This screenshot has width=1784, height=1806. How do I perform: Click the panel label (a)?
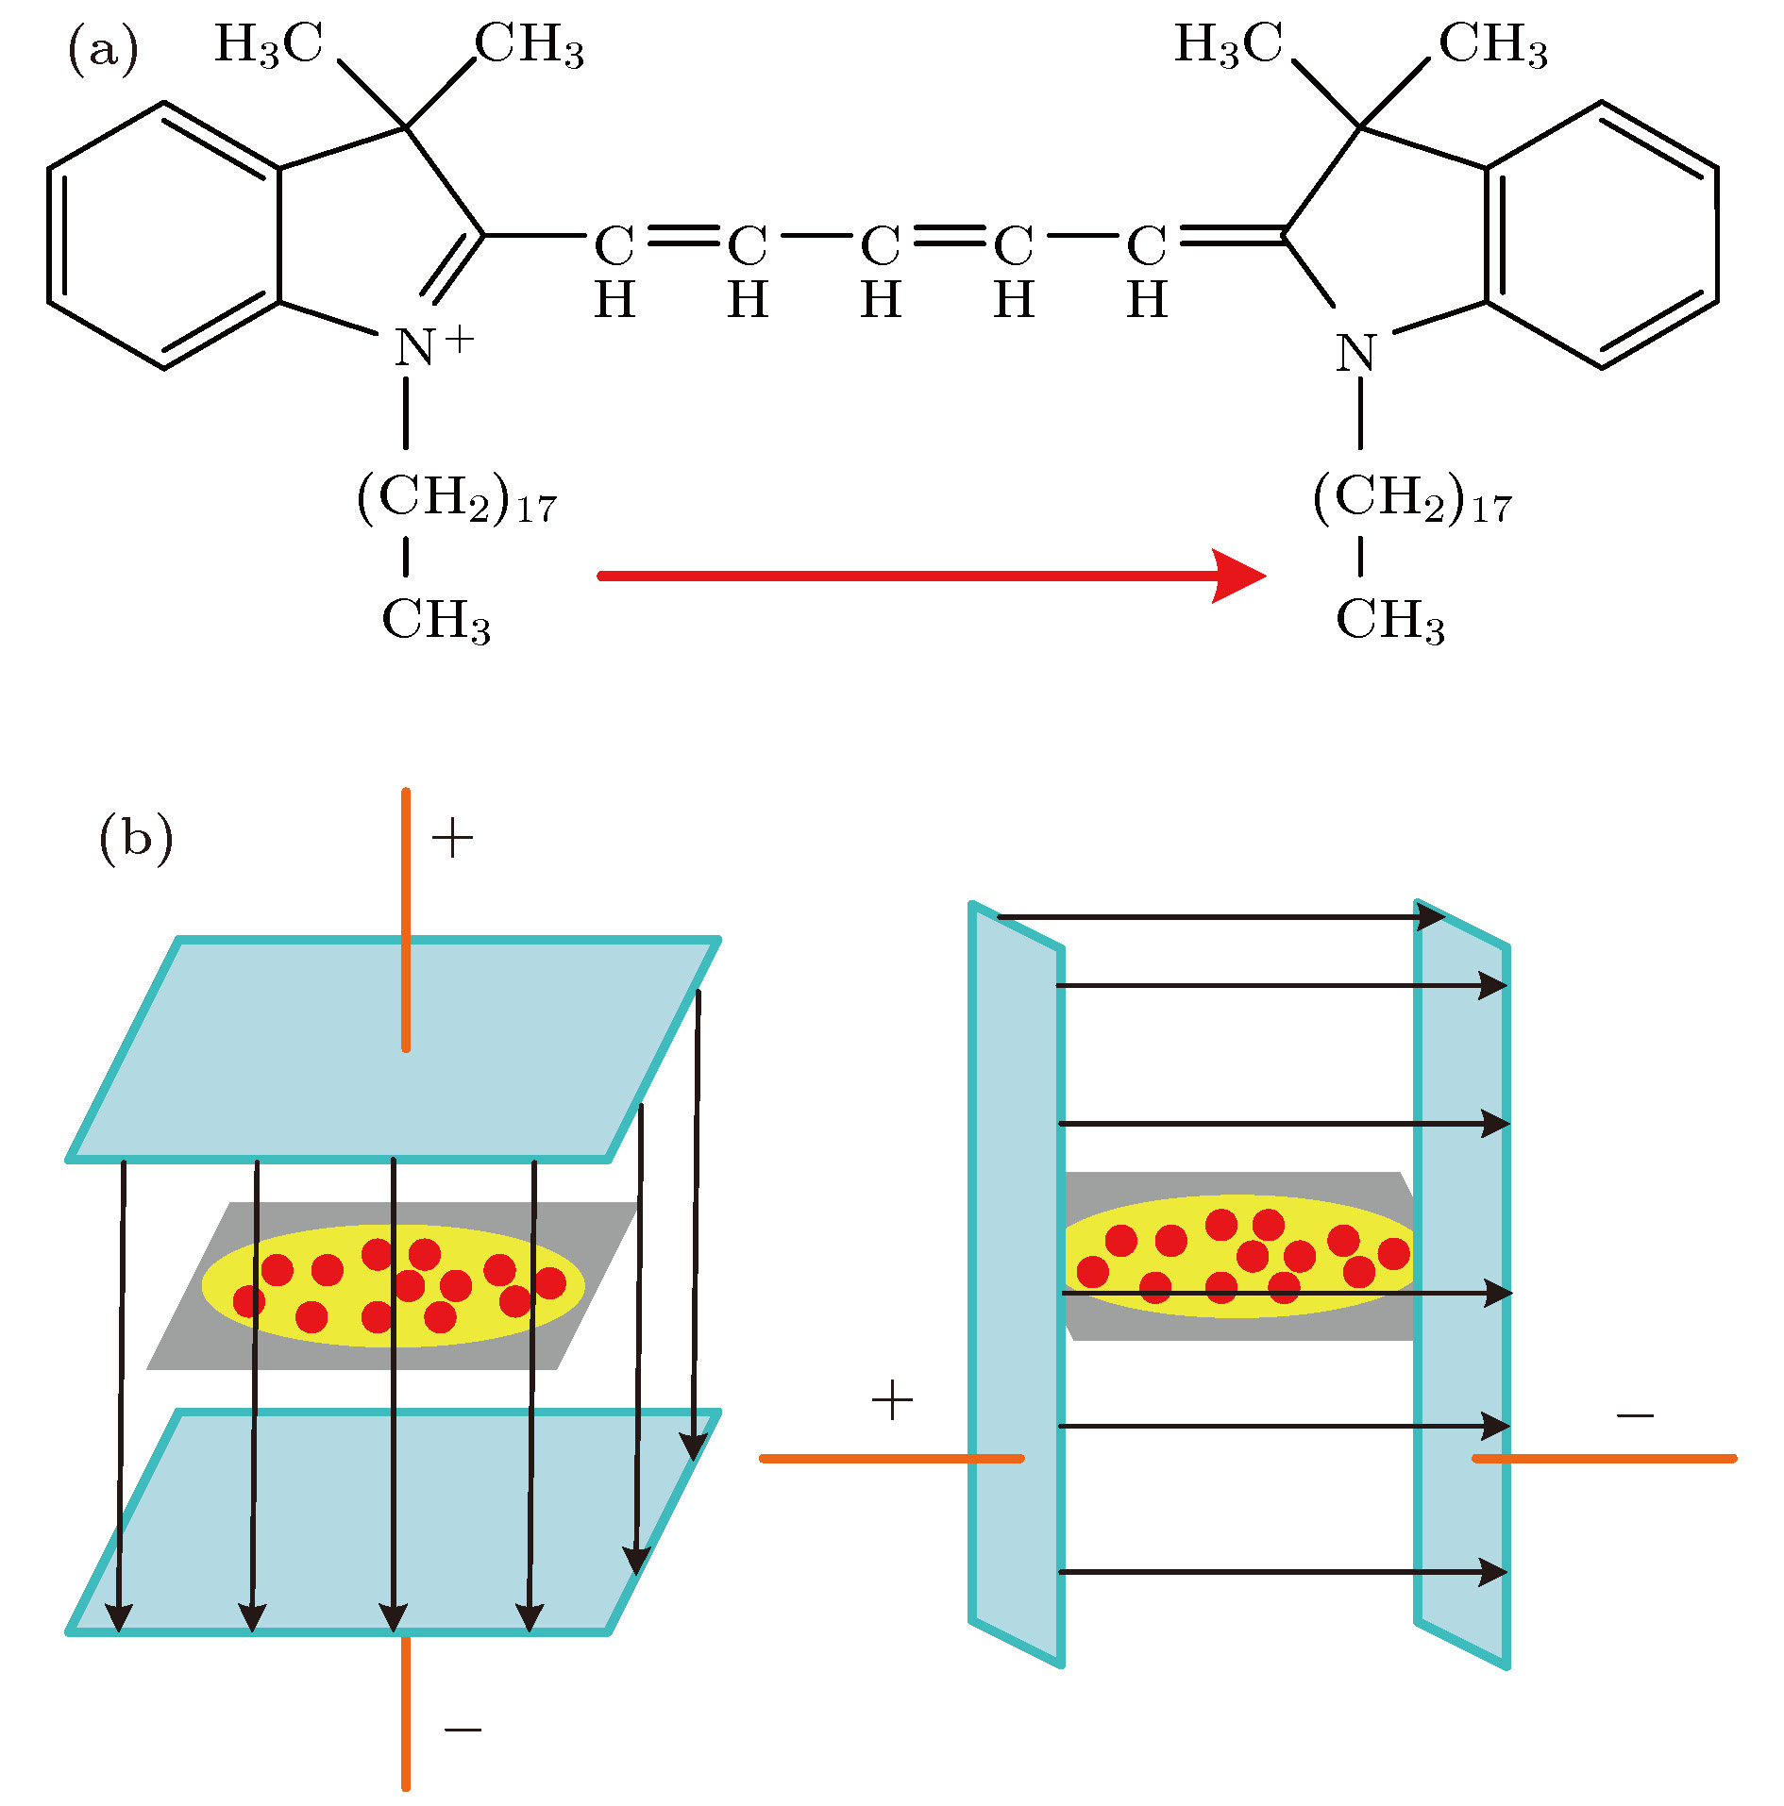click(103, 49)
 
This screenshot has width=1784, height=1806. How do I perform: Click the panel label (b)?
click(136, 837)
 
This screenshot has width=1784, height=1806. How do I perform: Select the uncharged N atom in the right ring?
click(1356, 353)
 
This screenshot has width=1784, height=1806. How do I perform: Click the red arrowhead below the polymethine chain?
click(1237, 575)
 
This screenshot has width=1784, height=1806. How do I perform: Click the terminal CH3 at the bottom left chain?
click(436, 621)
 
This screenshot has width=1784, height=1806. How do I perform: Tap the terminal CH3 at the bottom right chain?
click(1389, 621)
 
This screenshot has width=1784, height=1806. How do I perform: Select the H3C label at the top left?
click(269, 45)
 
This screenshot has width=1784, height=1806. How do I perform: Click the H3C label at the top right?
click(1228, 45)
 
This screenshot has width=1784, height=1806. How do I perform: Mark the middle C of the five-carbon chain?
click(880, 246)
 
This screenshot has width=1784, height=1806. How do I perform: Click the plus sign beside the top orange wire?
click(452, 838)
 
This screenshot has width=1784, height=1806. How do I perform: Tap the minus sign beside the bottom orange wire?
click(463, 1730)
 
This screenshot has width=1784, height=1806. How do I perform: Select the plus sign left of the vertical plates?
click(892, 1400)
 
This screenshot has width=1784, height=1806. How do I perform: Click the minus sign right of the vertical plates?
click(1635, 1415)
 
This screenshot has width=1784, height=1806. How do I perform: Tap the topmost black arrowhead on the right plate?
click(1430, 916)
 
